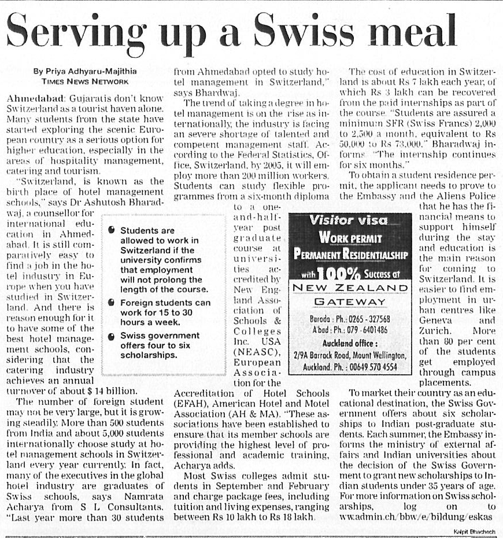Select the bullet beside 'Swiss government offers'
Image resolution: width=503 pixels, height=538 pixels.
(112, 336)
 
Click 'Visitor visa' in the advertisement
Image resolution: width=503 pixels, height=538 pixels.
(350, 220)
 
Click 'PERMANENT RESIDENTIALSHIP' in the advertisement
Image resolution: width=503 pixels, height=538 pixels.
(350, 253)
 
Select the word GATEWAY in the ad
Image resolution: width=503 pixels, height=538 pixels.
(350, 301)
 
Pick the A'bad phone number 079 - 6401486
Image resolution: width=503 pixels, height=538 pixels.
(363, 330)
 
